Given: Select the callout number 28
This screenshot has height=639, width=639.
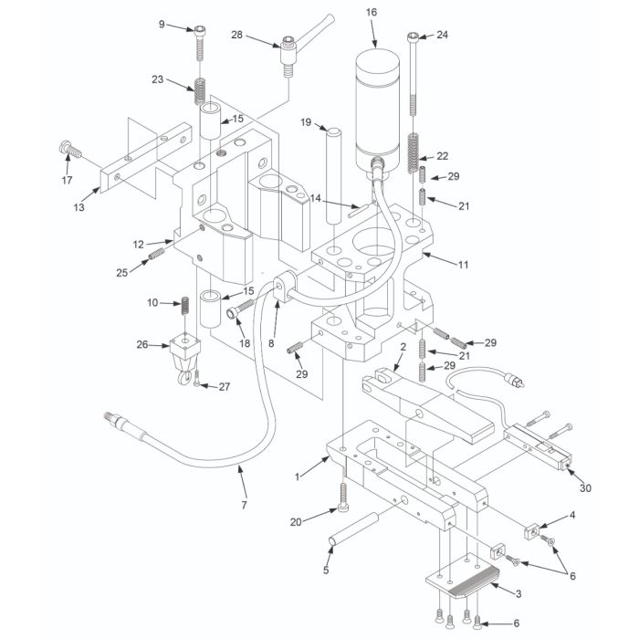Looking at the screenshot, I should tap(237, 36).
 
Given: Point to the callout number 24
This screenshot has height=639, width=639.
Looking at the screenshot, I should tap(443, 35).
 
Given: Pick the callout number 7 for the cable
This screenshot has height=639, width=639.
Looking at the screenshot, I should tap(244, 504).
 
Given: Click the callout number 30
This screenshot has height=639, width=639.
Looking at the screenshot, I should tap(586, 487).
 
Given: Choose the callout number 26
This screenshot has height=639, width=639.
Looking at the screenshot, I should tap(141, 345).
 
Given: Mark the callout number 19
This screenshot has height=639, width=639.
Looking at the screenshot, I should tap(306, 121).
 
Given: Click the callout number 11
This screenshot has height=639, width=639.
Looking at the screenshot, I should tap(464, 264).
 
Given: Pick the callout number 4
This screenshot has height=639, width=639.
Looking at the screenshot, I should tap(573, 518).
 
